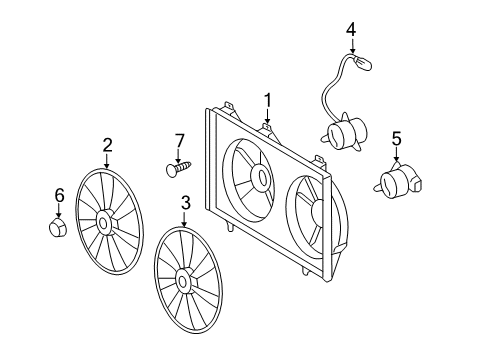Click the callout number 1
pos(268,99)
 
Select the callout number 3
pos(184,204)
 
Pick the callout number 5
pos(396,138)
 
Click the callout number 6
pos(59,195)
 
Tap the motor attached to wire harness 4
pos(343,135)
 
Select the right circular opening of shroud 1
pos(313,213)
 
